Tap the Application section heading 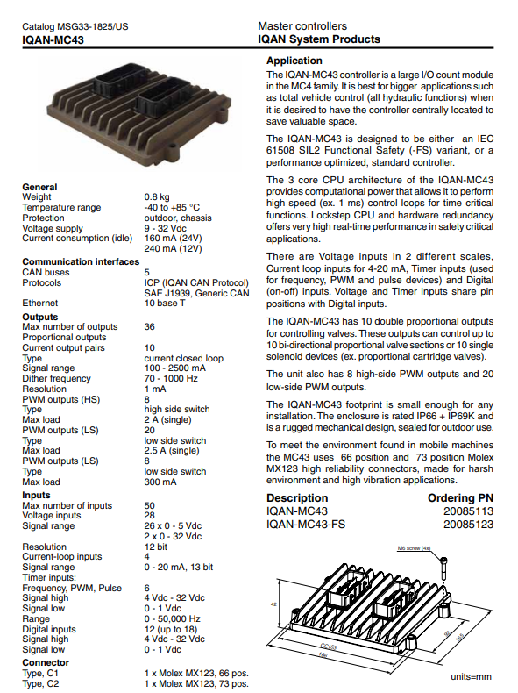[294, 61]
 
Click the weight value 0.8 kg [158, 197]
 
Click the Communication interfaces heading [80, 261]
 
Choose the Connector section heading [46, 663]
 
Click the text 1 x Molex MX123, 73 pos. [196, 683]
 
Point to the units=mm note [471, 677]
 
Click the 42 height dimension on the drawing [274, 605]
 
